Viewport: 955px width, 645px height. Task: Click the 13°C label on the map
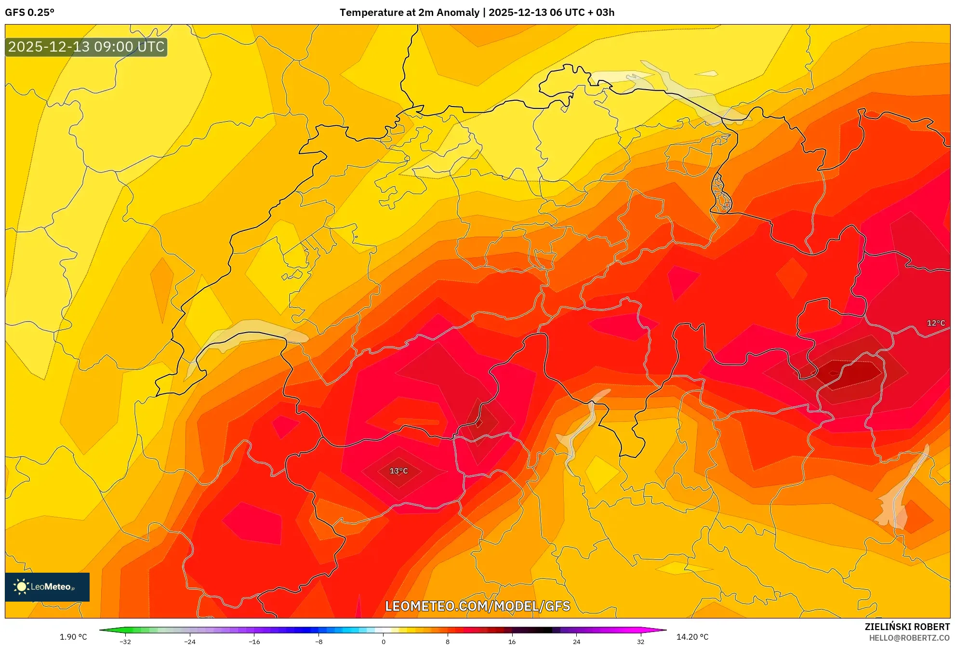[x=398, y=471]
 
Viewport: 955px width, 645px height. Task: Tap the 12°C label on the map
[x=936, y=323]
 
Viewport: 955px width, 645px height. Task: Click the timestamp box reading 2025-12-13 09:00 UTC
[x=86, y=47]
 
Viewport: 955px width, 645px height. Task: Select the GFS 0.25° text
[x=30, y=13]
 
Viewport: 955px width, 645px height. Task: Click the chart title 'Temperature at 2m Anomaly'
[x=409, y=13]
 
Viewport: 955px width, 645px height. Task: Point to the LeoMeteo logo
[x=47, y=587]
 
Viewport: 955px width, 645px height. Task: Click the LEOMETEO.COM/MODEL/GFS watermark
[x=477, y=606]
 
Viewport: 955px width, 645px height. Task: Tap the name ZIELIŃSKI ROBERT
[x=907, y=627]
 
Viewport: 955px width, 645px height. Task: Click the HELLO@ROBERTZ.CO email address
[x=909, y=638]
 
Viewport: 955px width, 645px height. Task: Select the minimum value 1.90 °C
[x=73, y=637]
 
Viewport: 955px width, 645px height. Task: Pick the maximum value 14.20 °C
[x=692, y=637]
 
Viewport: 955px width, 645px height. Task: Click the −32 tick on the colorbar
[x=125, y=642]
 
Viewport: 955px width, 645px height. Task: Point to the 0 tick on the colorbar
[x=384, y=642]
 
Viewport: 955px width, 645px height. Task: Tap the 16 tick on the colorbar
[x=512, y=642]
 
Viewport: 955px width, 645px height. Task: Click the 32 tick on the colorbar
[x=640, y=642]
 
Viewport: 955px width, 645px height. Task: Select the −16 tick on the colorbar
[x=254, y=642]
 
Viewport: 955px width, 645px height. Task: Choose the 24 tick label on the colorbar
[x=576, y=642]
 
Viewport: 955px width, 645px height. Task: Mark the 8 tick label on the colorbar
[x=448, y=642]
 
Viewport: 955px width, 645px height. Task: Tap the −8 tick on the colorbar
[x=318, y=642]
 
